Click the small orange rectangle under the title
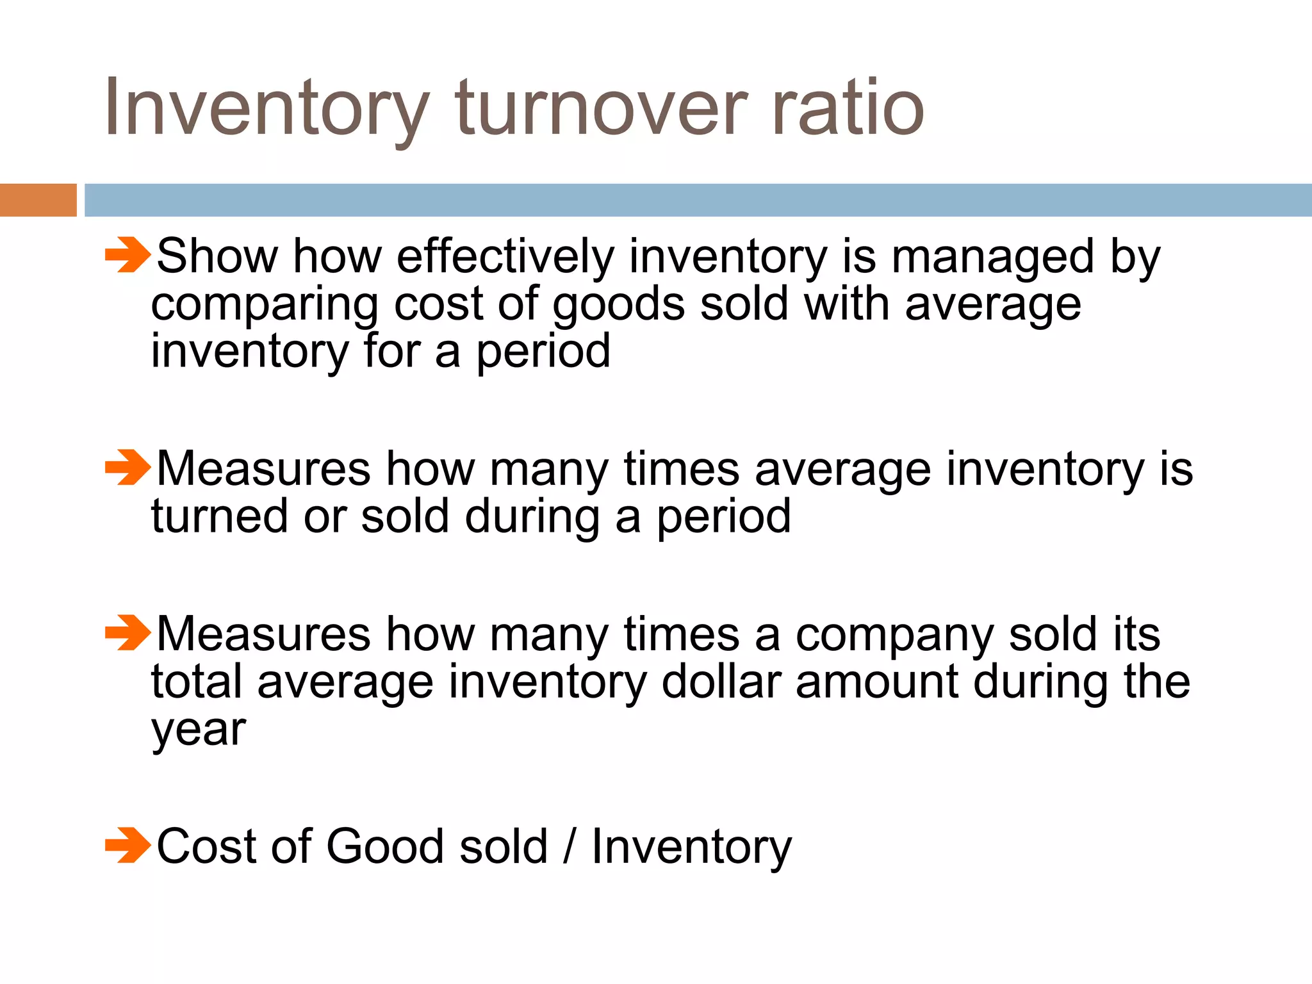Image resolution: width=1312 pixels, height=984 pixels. [38, 200]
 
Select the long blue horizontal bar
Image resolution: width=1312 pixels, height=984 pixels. [698, 200]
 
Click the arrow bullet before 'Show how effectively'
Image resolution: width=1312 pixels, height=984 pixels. [127, 255]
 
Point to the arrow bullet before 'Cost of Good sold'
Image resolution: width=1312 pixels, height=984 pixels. [127, 845]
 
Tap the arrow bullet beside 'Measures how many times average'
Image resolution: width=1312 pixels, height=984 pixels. [127, 467]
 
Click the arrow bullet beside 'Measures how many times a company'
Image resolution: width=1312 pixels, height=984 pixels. [127, 632]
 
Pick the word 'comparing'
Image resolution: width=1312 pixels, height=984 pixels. [265, 305]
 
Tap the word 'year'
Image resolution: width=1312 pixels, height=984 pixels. [199, 730]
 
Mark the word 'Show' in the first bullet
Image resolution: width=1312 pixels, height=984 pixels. [217, 256]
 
